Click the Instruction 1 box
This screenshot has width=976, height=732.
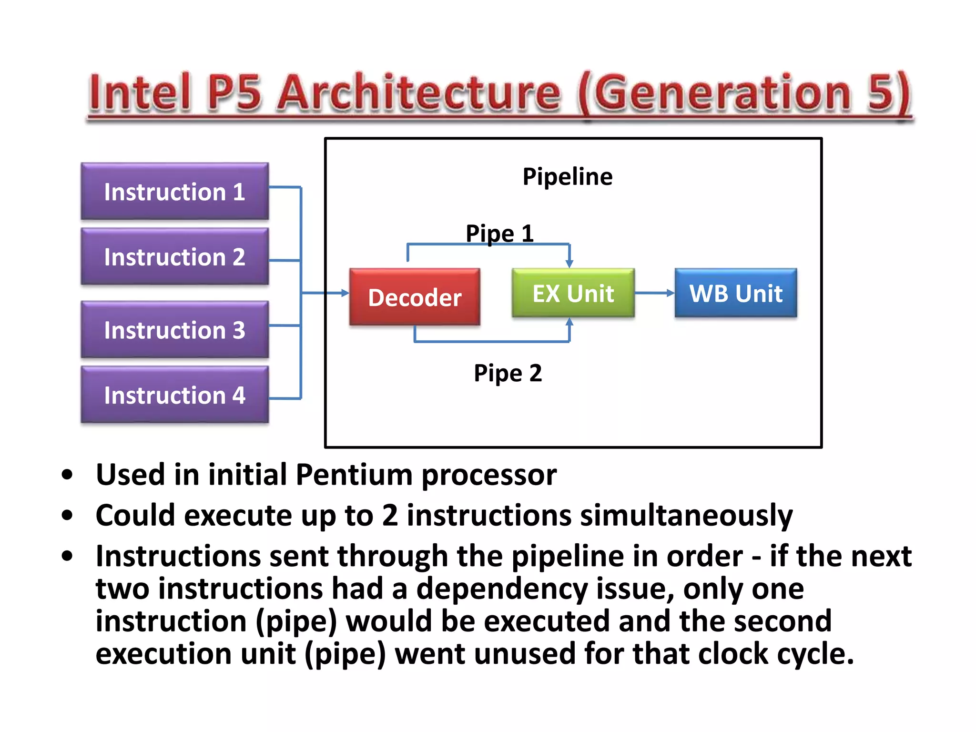pyautogui.click(x=174, y=192)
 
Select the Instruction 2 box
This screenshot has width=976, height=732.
pyautogui.click(x=174, y=257)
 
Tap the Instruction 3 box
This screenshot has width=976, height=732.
pyautogui.click(x=174, y=330)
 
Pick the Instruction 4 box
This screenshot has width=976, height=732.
pyautogui.click(x=174, y=395)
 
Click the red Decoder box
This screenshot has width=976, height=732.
pyautogui.click(x=415, y=297)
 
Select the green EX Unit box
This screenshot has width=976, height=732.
pyautogui.click(x=573, y=293)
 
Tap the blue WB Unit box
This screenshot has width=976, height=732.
pyautogui.click(x=735, y=293)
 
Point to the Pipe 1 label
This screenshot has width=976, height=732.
pyautogui.click(x=499, y=233)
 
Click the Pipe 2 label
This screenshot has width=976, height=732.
pyautogui.click(x=508, y=373)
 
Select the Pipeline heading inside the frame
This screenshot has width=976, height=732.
pyautogui.click(x=567, y=176)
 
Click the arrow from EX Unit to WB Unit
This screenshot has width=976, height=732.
pyautogui.click(x=654, y=293)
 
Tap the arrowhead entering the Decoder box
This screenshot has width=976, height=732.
pyautogui.click(x=345, y=293)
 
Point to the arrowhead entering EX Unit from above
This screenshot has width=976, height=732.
pyautogui.click(x=569, y=264)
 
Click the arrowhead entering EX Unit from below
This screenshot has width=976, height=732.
pyautogui.click(x=569, y=323)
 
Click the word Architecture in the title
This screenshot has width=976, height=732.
pyautogui.click(x=419, y=93)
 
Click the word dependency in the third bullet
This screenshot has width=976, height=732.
pyautogui.click(x=502, y=589)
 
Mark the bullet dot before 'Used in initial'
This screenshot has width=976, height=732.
pyautogui.click(x=67, y=475)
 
